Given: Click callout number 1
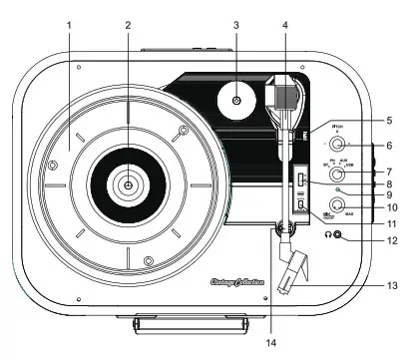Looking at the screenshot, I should tap(69, 23).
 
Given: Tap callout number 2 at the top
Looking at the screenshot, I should tap(129, 23).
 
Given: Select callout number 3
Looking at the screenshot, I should tap(236, 23).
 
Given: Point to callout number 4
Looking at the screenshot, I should tap(285, 23).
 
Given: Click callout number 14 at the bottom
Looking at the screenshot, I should tap(270, 344).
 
